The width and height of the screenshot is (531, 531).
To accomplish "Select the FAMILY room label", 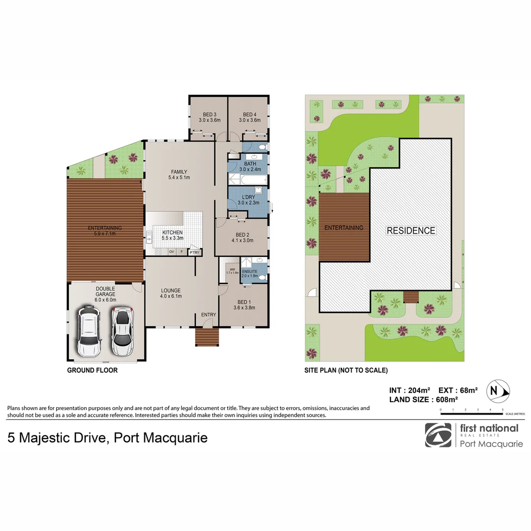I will coord(179,172).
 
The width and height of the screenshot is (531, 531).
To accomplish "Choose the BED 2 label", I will coord(243,235).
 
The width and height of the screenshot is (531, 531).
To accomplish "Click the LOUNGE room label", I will coord(171,291).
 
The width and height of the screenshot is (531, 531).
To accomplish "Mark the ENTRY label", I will coord(208,315).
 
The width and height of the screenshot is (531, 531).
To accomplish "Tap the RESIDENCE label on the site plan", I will coord(411,231).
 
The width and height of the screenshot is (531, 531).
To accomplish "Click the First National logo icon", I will coord(438,435).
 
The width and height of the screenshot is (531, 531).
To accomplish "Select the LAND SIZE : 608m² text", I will coord(423,400).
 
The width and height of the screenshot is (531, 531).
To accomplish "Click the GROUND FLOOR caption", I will coord(92,370).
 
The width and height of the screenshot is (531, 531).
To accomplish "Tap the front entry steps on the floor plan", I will coord(206,338).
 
